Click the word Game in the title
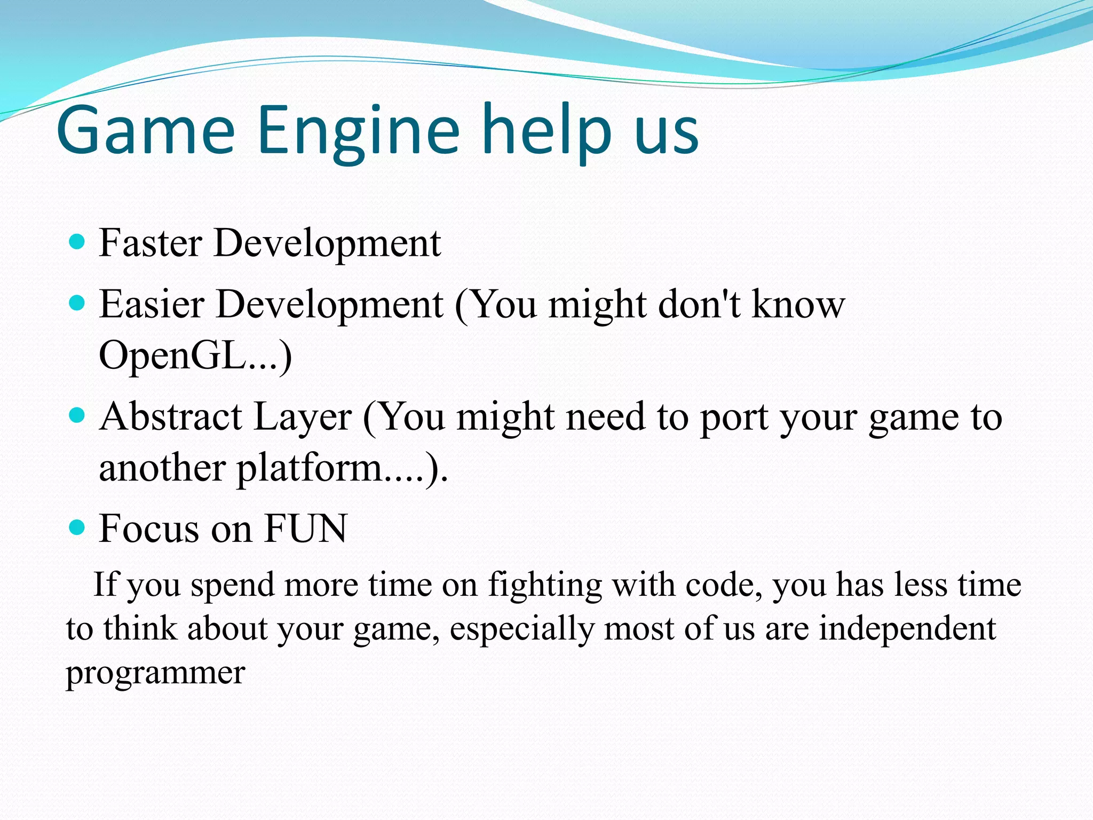point(145,131)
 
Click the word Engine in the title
point(358,131)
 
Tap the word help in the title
point(546,131)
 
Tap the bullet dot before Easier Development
point(78,303)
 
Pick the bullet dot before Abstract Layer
point(78,415)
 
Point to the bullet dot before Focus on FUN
point(78,528)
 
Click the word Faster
point(151,243)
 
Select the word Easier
point(152,304)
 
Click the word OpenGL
point(172,356)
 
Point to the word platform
point(310,468)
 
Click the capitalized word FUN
point(305,529)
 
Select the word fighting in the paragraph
point(545,585)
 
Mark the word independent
point(907,628)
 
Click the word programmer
point(155,673)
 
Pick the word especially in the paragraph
point(521,629)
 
